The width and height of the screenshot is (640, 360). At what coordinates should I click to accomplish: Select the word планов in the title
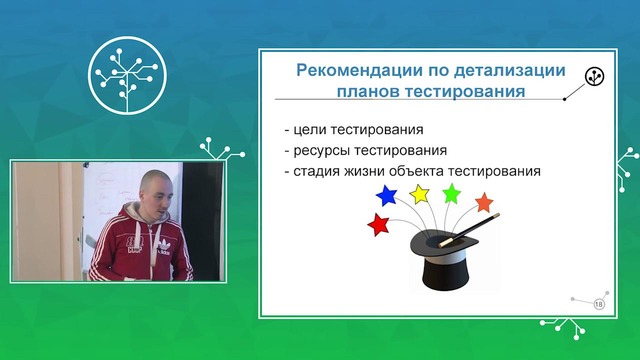click(x=368, y=94)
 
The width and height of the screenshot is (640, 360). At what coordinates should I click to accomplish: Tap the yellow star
click(x=418, y=190)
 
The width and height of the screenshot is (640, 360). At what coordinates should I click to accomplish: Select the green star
click(x=452, y=192)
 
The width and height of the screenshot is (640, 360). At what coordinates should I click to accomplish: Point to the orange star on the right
click(x=485, y=204)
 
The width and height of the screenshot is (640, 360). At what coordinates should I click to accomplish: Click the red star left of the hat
click(x=379, y=225)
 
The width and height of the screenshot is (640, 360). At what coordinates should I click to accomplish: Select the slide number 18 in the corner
click(x=600, y=304)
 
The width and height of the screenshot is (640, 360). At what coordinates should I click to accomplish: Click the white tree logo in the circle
click(x=126, y=72)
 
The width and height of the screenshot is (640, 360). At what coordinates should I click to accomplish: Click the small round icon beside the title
click(x=594, y=75)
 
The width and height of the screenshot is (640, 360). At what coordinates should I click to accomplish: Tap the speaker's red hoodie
click(x=140, y=245)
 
